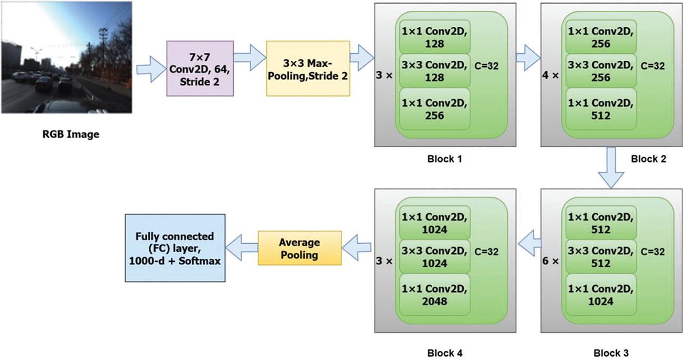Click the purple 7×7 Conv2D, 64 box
tap(200, 68)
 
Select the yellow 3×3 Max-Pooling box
tap(308, 68)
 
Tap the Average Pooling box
tap(299, 248)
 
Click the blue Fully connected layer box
tap(174, 248)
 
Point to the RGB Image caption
tap(70, 134)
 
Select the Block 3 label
tap(611, 353)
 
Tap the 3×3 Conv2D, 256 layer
tap(601, 71)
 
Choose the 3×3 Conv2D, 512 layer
tap(601, 257)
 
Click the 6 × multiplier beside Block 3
tap(552, 262)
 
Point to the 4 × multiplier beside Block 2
tap(552, 76)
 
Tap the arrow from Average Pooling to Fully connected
tap(242, 247)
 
